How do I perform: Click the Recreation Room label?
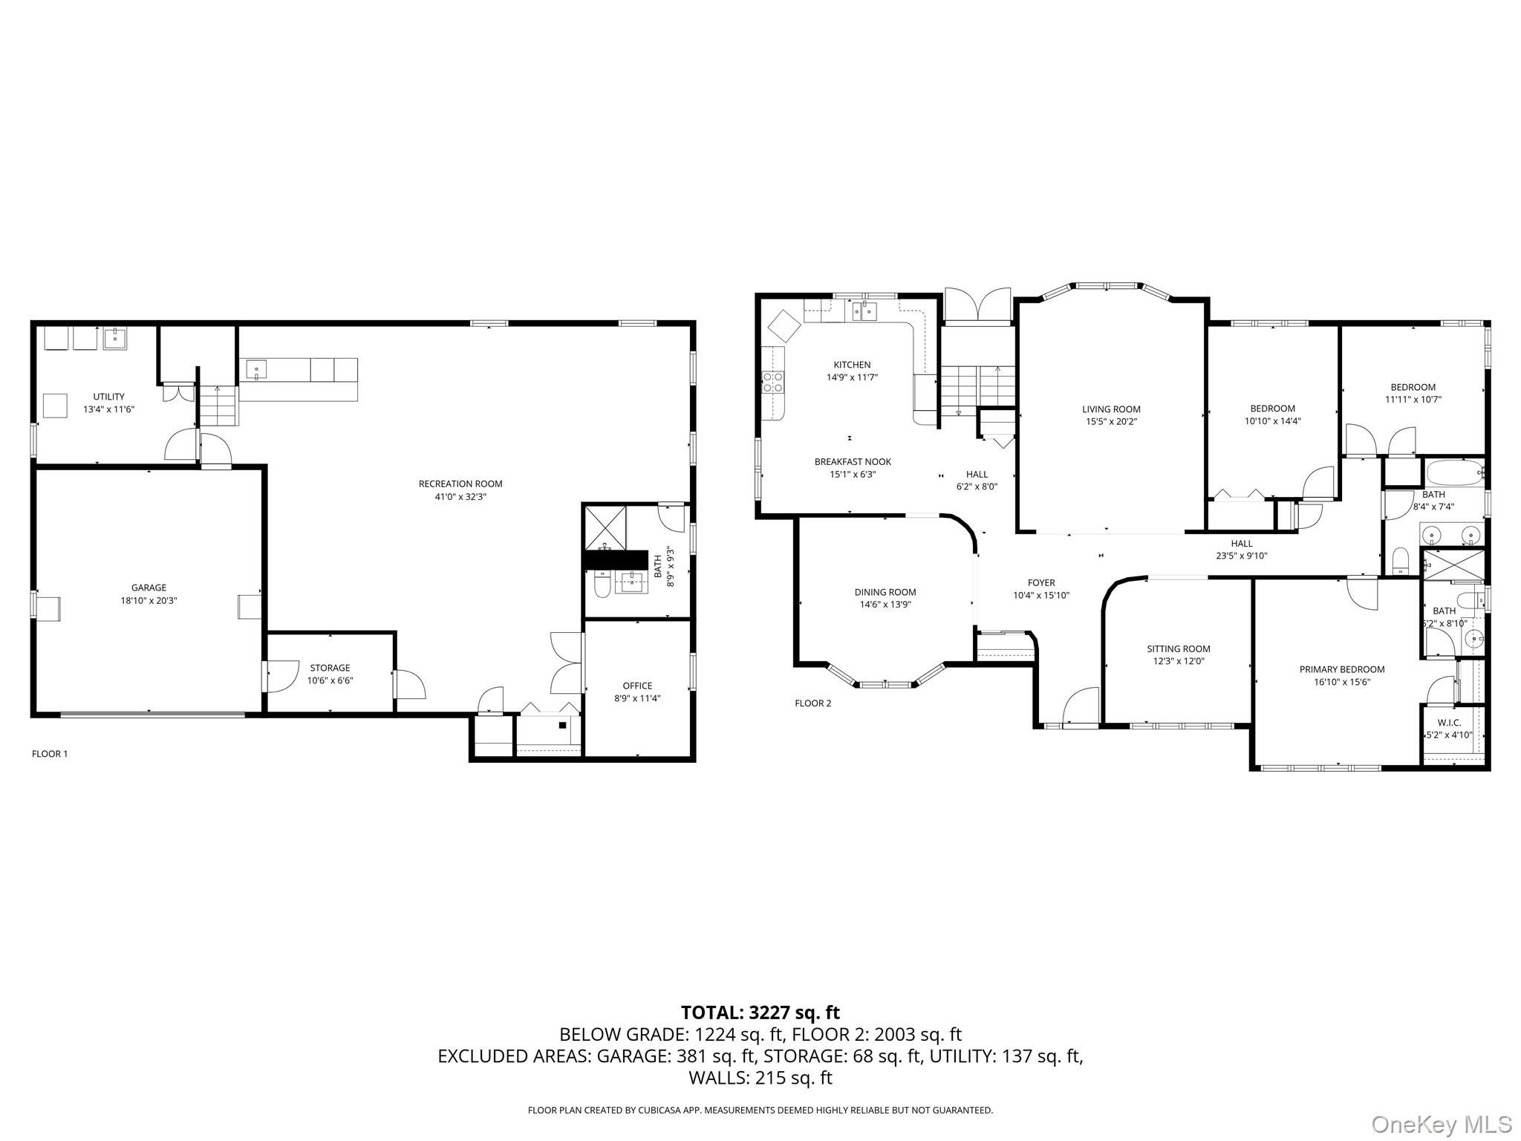tap(460, 484)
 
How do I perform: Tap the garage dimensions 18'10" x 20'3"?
tap(149, 601)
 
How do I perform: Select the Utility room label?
tap(108, 397)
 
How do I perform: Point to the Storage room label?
tap(330, 668)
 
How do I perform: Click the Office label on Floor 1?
tap(637, 686)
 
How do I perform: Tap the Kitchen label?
tap(852, 365)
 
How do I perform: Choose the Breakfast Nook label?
tap(853, 462)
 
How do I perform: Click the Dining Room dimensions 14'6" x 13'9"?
tap(885, 605)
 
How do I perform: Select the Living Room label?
tap(1111, 409)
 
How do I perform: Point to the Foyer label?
tap(1041, 583)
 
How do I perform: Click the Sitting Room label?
tap(1179, 649)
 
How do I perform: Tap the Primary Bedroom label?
tap(1342, 669)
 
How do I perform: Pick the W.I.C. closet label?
tap(1449, 723)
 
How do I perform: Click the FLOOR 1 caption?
tap(50, 754)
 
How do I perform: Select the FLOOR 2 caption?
tap(813, 703)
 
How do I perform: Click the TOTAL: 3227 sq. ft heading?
tap(760, 1012)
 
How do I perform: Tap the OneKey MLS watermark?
tap(1442, 1124)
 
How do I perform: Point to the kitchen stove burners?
tap(773, 382)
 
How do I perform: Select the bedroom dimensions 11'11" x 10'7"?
tap(1413, 400)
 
